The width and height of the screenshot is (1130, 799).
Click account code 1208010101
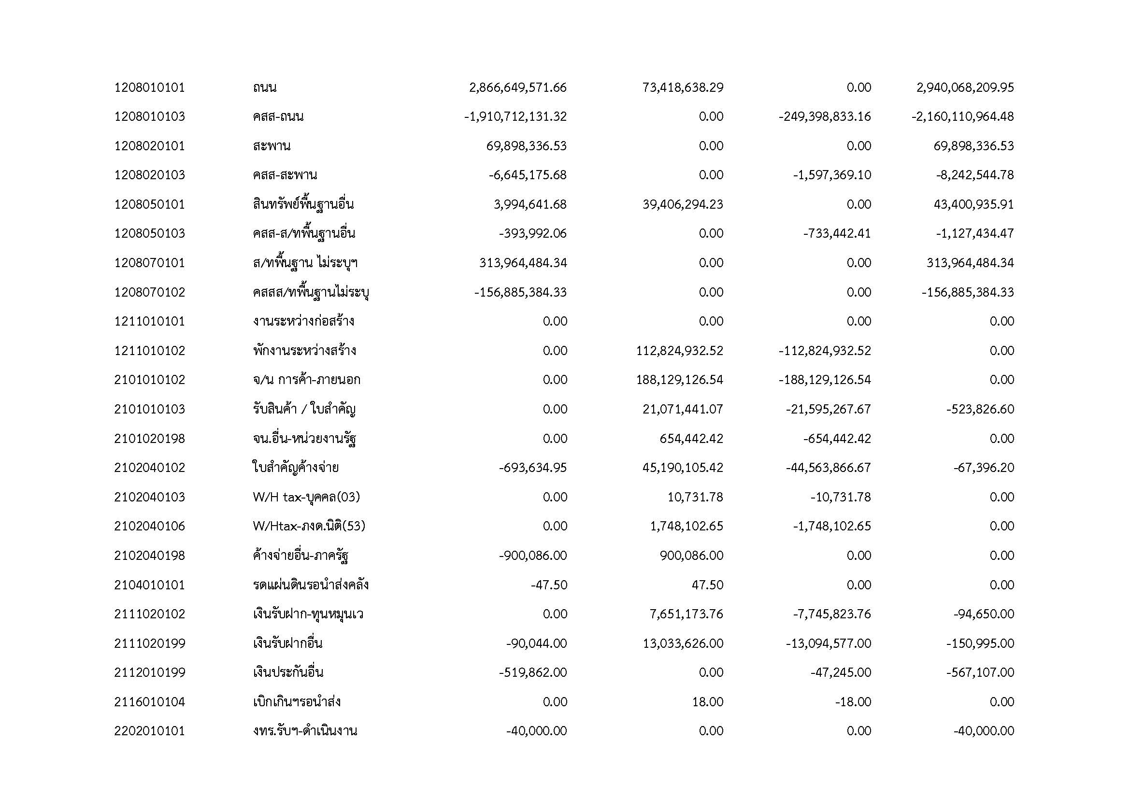click(150, 87)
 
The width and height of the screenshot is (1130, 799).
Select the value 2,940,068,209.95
click(965, 87)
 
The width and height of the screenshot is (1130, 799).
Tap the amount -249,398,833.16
click(824, 116)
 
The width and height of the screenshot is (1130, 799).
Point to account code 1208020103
click(150, 175)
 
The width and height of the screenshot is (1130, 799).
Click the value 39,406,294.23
click(683, 204)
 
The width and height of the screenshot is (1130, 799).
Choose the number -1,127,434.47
click(974, 233)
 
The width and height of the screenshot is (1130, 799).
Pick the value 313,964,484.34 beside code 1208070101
click(523, 263)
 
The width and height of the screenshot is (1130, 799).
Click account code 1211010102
click(150, 351)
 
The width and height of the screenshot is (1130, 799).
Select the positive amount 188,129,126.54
click(680, 380)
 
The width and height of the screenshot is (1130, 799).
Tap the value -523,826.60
click(980, 409)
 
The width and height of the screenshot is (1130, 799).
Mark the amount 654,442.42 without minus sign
click(691, 438)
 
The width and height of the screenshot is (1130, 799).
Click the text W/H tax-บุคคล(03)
click(306, 497)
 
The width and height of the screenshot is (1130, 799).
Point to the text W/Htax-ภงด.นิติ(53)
click(309, 526)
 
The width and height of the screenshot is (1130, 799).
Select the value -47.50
click(549, 585)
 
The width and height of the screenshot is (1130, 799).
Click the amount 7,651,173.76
click(686, 614)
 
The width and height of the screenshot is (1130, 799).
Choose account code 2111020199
click(150, 643)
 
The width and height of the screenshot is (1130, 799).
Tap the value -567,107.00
click(980, 672)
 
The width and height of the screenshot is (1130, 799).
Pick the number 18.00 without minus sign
click(708, 702)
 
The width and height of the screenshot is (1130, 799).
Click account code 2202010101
click(150, 731)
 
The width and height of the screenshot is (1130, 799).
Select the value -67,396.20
click(983, 468)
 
